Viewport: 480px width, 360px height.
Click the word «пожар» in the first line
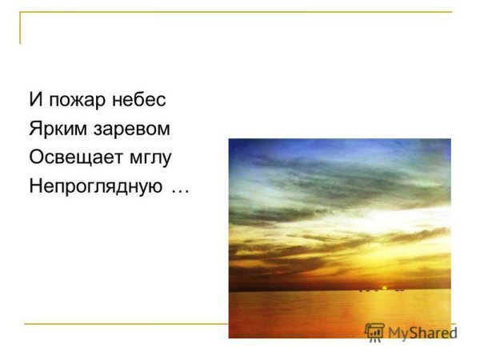73,100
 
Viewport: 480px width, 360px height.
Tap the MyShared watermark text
421,332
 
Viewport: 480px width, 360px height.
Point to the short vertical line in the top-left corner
21,28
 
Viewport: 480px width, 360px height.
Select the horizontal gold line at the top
240,13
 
